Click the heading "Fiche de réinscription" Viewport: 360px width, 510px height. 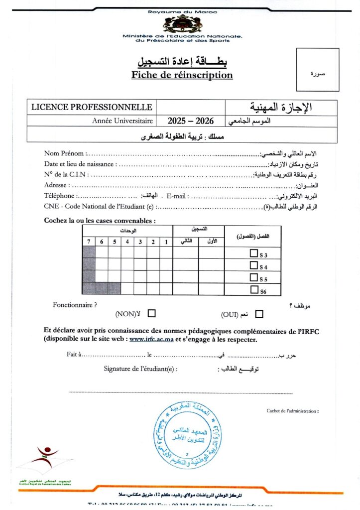(182, 75)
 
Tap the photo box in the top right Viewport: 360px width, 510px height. (317, 69)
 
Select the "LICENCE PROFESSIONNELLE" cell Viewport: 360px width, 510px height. (92, 107)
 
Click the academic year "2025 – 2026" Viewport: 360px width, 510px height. (190, 121)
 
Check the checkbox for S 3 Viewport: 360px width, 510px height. (253, 254)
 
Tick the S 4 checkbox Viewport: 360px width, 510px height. (253, 265)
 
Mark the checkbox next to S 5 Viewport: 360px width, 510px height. (253, 277)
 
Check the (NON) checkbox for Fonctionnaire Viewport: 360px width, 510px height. (151, 314)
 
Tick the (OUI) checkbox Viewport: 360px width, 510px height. (259, 314)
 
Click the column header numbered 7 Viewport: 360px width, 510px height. (89, 242)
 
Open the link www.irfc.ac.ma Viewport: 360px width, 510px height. (151, 340)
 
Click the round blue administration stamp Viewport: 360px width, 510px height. (188, 435)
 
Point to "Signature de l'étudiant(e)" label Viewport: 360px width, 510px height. (140, 369)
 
